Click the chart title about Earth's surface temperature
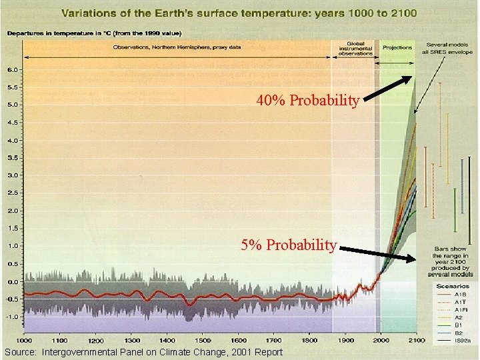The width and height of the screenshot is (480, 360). coord(241,12)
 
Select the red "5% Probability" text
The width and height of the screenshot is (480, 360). coord(289,245)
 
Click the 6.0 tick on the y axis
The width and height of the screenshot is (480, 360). coord(12,69)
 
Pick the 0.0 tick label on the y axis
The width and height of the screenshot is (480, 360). coord(12,281)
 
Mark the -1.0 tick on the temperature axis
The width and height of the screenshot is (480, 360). coord(11,317)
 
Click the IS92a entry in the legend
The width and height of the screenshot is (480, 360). coord(462,340)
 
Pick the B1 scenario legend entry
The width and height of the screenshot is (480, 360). coord(459,324)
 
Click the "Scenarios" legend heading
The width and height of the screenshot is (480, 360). coord(453,285)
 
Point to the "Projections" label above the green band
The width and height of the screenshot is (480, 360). coord(397,47)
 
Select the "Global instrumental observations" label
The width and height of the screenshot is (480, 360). coord(354,47)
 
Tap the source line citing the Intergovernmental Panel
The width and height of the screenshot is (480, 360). coord(143,352)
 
